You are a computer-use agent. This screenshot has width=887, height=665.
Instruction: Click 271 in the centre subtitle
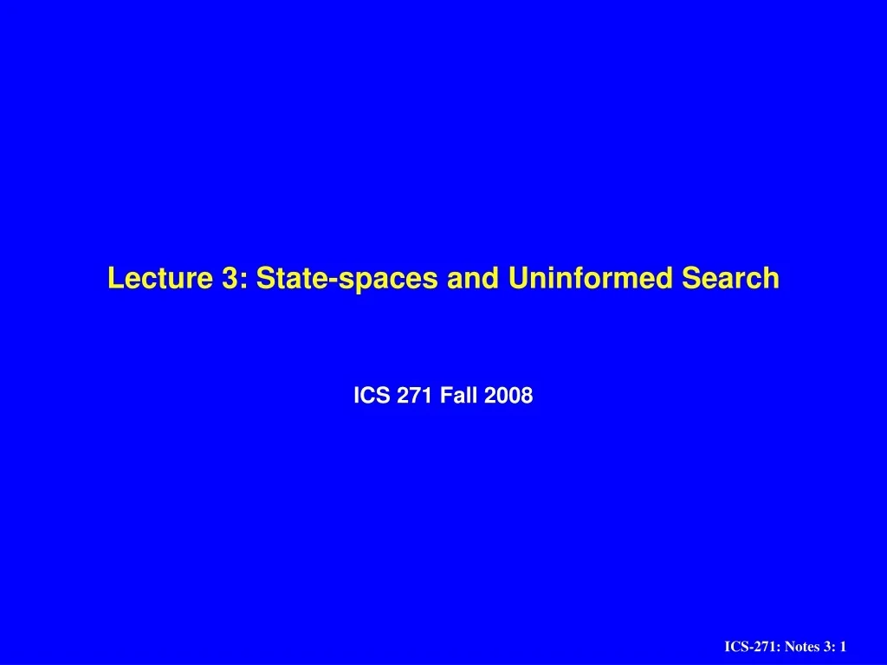417,396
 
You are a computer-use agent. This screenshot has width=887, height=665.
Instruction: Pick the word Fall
461,396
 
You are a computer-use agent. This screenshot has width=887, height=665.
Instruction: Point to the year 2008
509,396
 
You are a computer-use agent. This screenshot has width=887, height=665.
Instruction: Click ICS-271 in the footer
748,647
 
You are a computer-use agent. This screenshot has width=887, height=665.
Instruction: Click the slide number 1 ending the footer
842,647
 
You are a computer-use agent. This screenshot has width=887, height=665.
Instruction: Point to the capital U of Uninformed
517,278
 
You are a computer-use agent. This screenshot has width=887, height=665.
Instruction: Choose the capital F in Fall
445,396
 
